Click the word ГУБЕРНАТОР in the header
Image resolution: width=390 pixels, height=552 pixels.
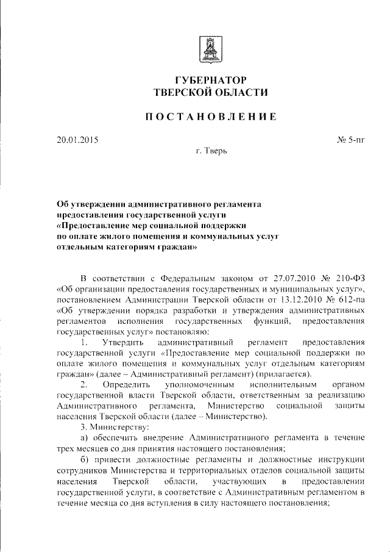click(210, 80)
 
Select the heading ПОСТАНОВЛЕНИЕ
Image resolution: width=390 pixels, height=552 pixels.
click(210, 116)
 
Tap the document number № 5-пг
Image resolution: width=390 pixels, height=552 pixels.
click(350, 140)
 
